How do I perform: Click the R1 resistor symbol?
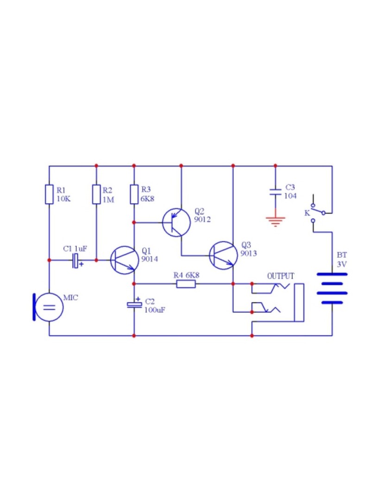[49, 194]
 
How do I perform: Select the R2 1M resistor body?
[96, 194]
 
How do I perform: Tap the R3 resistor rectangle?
[134, 194]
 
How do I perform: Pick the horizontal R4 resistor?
[186, 283]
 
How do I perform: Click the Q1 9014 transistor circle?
[125, 260]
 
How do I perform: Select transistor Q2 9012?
[176, 223]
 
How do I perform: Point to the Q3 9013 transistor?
[223, 256]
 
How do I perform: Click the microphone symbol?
[48, 307]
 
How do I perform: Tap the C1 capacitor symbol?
[76, 261]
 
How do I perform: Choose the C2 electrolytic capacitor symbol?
[134, 305]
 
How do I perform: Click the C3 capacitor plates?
[275, 192]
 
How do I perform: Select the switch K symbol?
[318, 212]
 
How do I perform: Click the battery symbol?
[332, 288]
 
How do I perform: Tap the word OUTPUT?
[281, 276]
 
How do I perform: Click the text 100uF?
[155, 310]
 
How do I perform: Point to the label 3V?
[342, 264]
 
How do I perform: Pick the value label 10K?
[63, 199]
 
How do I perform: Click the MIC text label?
[70, 298]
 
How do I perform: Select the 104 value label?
[290, 196]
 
